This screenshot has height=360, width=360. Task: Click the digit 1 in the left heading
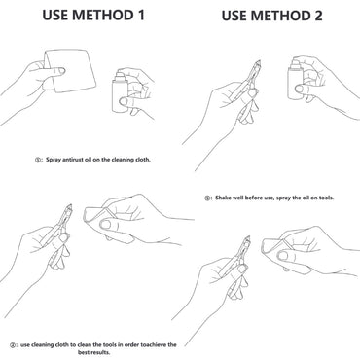click(140, 15)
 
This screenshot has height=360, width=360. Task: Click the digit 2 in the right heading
click(317, 16)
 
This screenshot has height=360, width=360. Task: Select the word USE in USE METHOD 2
click(234, 16)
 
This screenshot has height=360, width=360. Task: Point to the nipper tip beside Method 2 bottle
click(259, 61)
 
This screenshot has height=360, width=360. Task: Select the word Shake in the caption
click(223, 198)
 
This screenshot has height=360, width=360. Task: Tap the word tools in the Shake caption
click(326, 198)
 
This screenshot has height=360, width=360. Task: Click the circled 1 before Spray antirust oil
click(38, 160)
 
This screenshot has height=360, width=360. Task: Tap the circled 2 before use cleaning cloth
click(13, 345)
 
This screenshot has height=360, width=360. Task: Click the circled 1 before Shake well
click(207, 198)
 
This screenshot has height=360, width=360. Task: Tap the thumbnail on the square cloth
click(61, 71)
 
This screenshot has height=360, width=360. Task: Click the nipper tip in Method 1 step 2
click(70, 206)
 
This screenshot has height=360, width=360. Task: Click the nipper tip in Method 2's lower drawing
click(248, 237)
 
